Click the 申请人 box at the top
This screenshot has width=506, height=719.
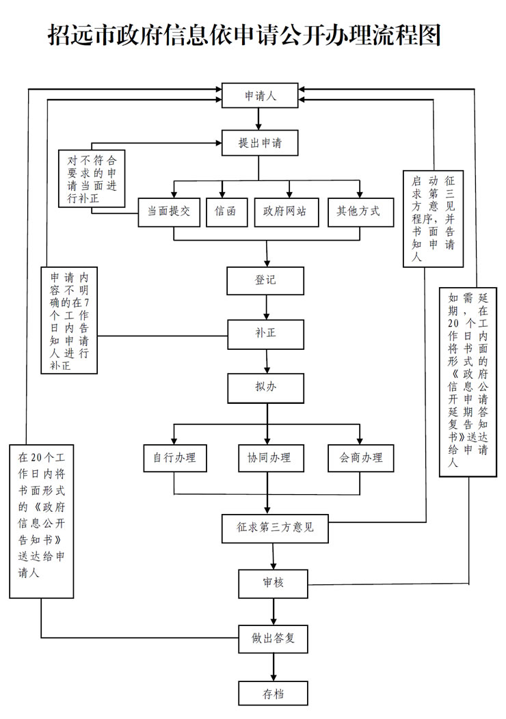coord(259,96)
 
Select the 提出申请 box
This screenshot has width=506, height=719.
coord(259,144)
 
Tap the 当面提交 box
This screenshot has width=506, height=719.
coord(169,212)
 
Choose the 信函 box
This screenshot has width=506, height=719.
coord(225,212)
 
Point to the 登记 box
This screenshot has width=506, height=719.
coord(265,280)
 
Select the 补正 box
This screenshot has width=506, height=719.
coord(265,335)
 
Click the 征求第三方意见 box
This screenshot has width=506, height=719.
coord(275,527)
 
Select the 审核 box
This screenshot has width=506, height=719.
coord(274,583)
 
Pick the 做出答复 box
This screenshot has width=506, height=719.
coord(274,638)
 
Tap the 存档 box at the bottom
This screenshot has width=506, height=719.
coord(274,694)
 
